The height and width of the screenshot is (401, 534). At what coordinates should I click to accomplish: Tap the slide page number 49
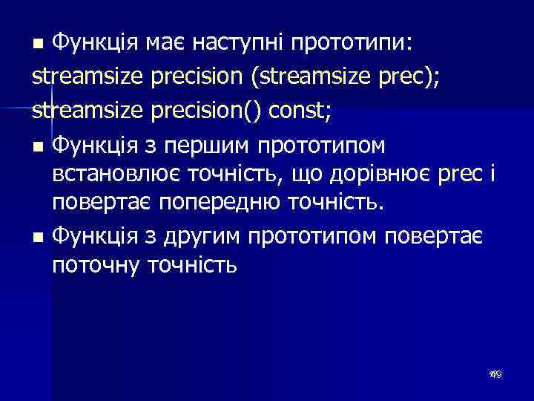click(x=495, y=376)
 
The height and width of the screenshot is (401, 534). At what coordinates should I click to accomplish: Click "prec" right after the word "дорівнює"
click(x=460, y=176)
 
